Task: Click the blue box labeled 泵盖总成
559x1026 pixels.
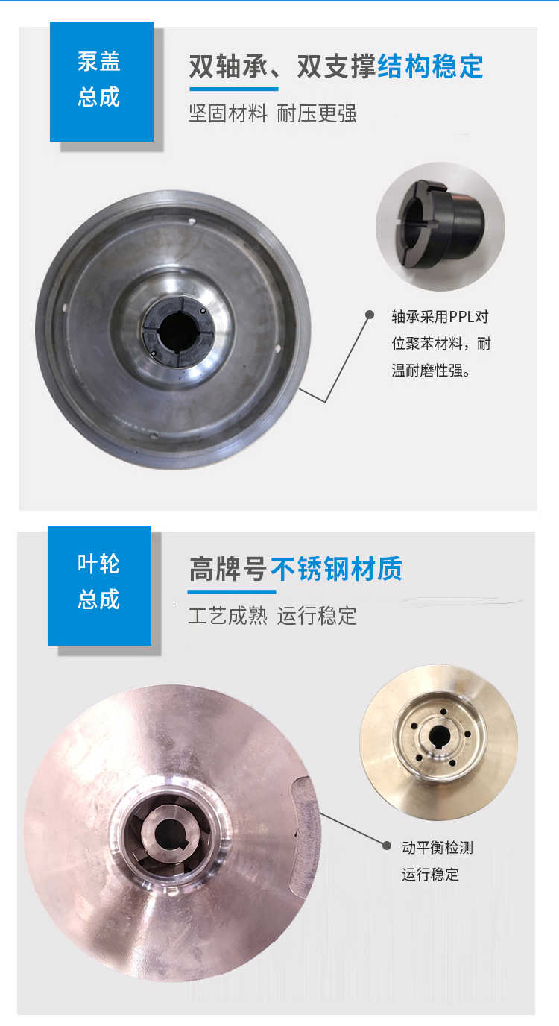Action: [101, 81]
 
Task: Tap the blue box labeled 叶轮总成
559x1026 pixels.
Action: [99, 584]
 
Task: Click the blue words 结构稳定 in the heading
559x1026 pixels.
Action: [430, 67]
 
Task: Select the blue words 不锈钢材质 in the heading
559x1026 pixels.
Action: [335, 570]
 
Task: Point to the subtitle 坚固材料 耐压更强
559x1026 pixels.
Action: [272, 113]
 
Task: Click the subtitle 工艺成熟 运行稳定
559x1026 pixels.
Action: [272, 616]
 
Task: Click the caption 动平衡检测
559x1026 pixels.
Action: [438, 847]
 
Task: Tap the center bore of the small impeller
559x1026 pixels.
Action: [438, 734]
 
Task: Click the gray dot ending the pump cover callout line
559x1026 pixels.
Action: [369, 315]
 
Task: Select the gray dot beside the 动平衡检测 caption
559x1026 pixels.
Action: [386, 846]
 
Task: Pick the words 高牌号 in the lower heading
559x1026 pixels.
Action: [227, 570]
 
